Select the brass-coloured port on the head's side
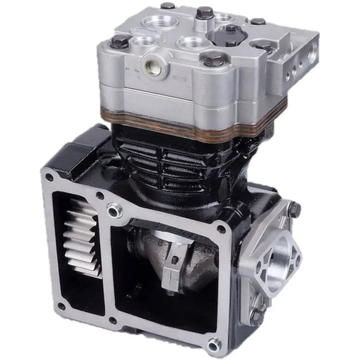pyautogui.click(x=150, y=67)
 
